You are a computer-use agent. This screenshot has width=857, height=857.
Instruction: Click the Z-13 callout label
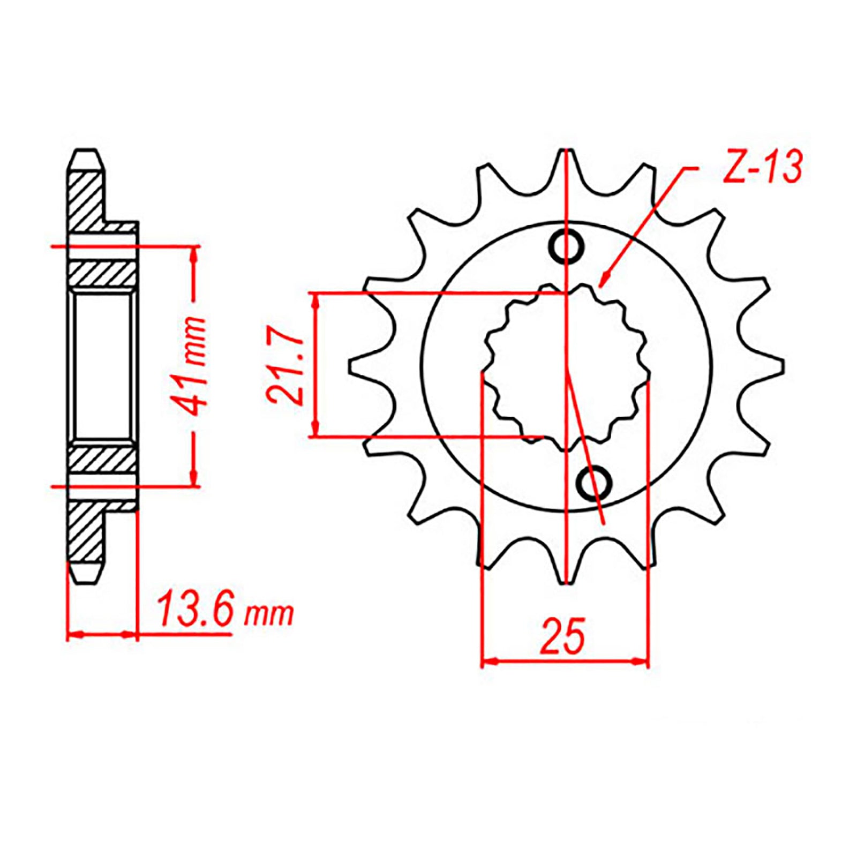pyautogui.click(x=762, y=167)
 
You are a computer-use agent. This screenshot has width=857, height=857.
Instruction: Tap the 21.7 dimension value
pyautogui.click(x=285, y=370)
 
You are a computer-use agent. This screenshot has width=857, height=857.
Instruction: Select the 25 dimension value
pyautogui.click(x=563, y=636)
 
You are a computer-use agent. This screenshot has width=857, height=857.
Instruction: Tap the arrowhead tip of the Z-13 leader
pyautogui.click(x=602, y=285)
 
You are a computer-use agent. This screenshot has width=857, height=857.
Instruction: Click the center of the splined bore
pyautogui.click(x=566, y=366)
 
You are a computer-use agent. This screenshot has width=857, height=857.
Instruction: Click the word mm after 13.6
pyautogui.click(x=269, y=614)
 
